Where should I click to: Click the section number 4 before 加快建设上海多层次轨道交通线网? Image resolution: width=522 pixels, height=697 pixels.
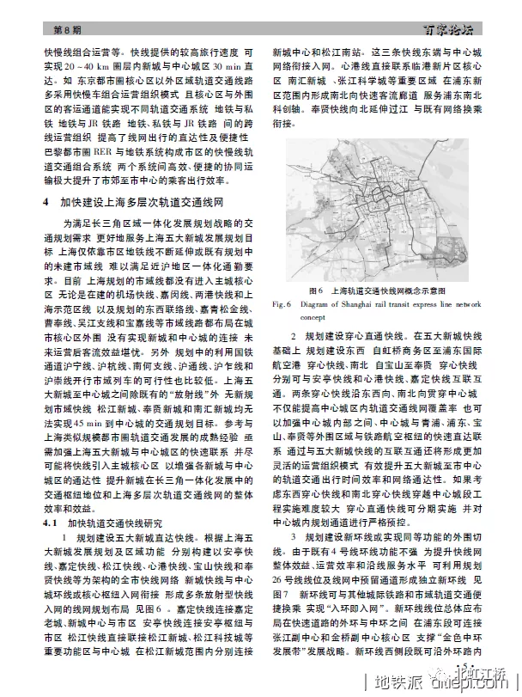[45, 204]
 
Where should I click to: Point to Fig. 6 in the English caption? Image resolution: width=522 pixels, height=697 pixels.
[283, 304]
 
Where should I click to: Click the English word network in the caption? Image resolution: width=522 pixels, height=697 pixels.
[467, 304]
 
